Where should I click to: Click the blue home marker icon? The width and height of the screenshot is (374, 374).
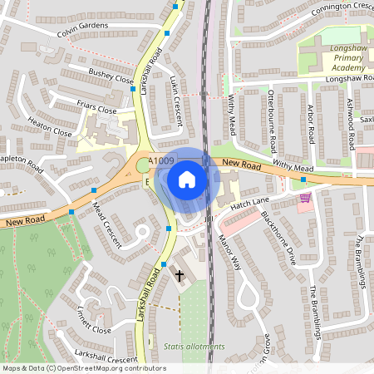pos(187,180)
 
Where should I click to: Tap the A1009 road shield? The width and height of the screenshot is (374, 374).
pos(160,162)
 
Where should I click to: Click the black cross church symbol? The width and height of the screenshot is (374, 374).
pos(178,275)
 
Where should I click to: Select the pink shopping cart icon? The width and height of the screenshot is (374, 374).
pos(305,198)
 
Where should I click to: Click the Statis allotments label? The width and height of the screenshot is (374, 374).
pos(194,347)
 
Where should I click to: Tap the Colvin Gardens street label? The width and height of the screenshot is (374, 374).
pos(83,31)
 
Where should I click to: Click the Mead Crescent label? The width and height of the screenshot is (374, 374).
pos(106,224)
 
